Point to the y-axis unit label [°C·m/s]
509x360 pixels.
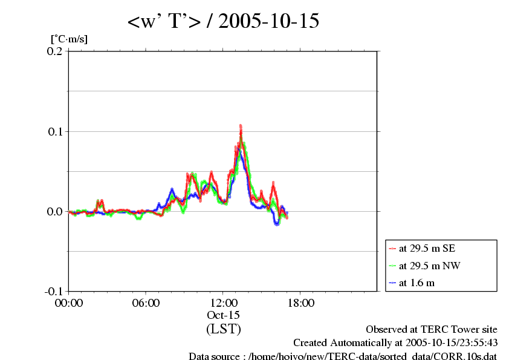(69, 39)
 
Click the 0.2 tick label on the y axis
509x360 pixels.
(54, 51)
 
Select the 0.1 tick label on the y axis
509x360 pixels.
(54, 131)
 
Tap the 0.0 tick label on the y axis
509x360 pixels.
(54, 211)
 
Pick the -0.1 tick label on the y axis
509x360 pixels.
(53, 291)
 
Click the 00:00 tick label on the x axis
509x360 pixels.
(69, 303)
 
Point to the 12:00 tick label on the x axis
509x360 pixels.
(224, 303)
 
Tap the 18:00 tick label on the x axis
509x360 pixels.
(300, 303)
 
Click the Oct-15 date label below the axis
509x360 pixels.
(224, 315)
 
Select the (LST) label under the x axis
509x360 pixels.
(224, 329)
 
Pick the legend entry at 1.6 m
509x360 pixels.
(417, 283)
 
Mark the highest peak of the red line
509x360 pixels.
(241, 126)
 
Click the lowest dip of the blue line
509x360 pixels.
(277, 224)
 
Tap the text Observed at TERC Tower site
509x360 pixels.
(432, 330)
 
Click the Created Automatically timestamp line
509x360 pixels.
(395, 343)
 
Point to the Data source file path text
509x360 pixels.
(343, 356)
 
